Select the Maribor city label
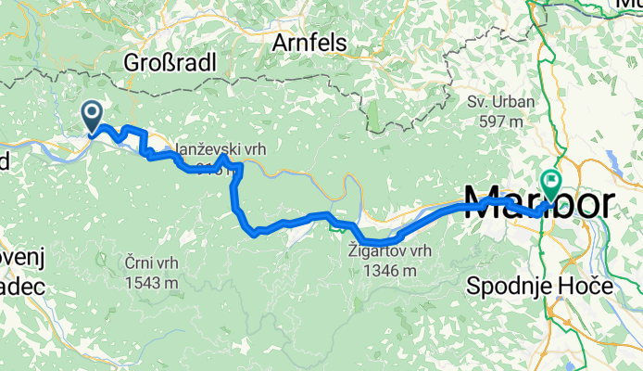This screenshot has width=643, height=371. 537,202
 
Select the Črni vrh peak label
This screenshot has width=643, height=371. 148,262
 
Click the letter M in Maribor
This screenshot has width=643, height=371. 481,202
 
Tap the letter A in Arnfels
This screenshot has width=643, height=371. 282,43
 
